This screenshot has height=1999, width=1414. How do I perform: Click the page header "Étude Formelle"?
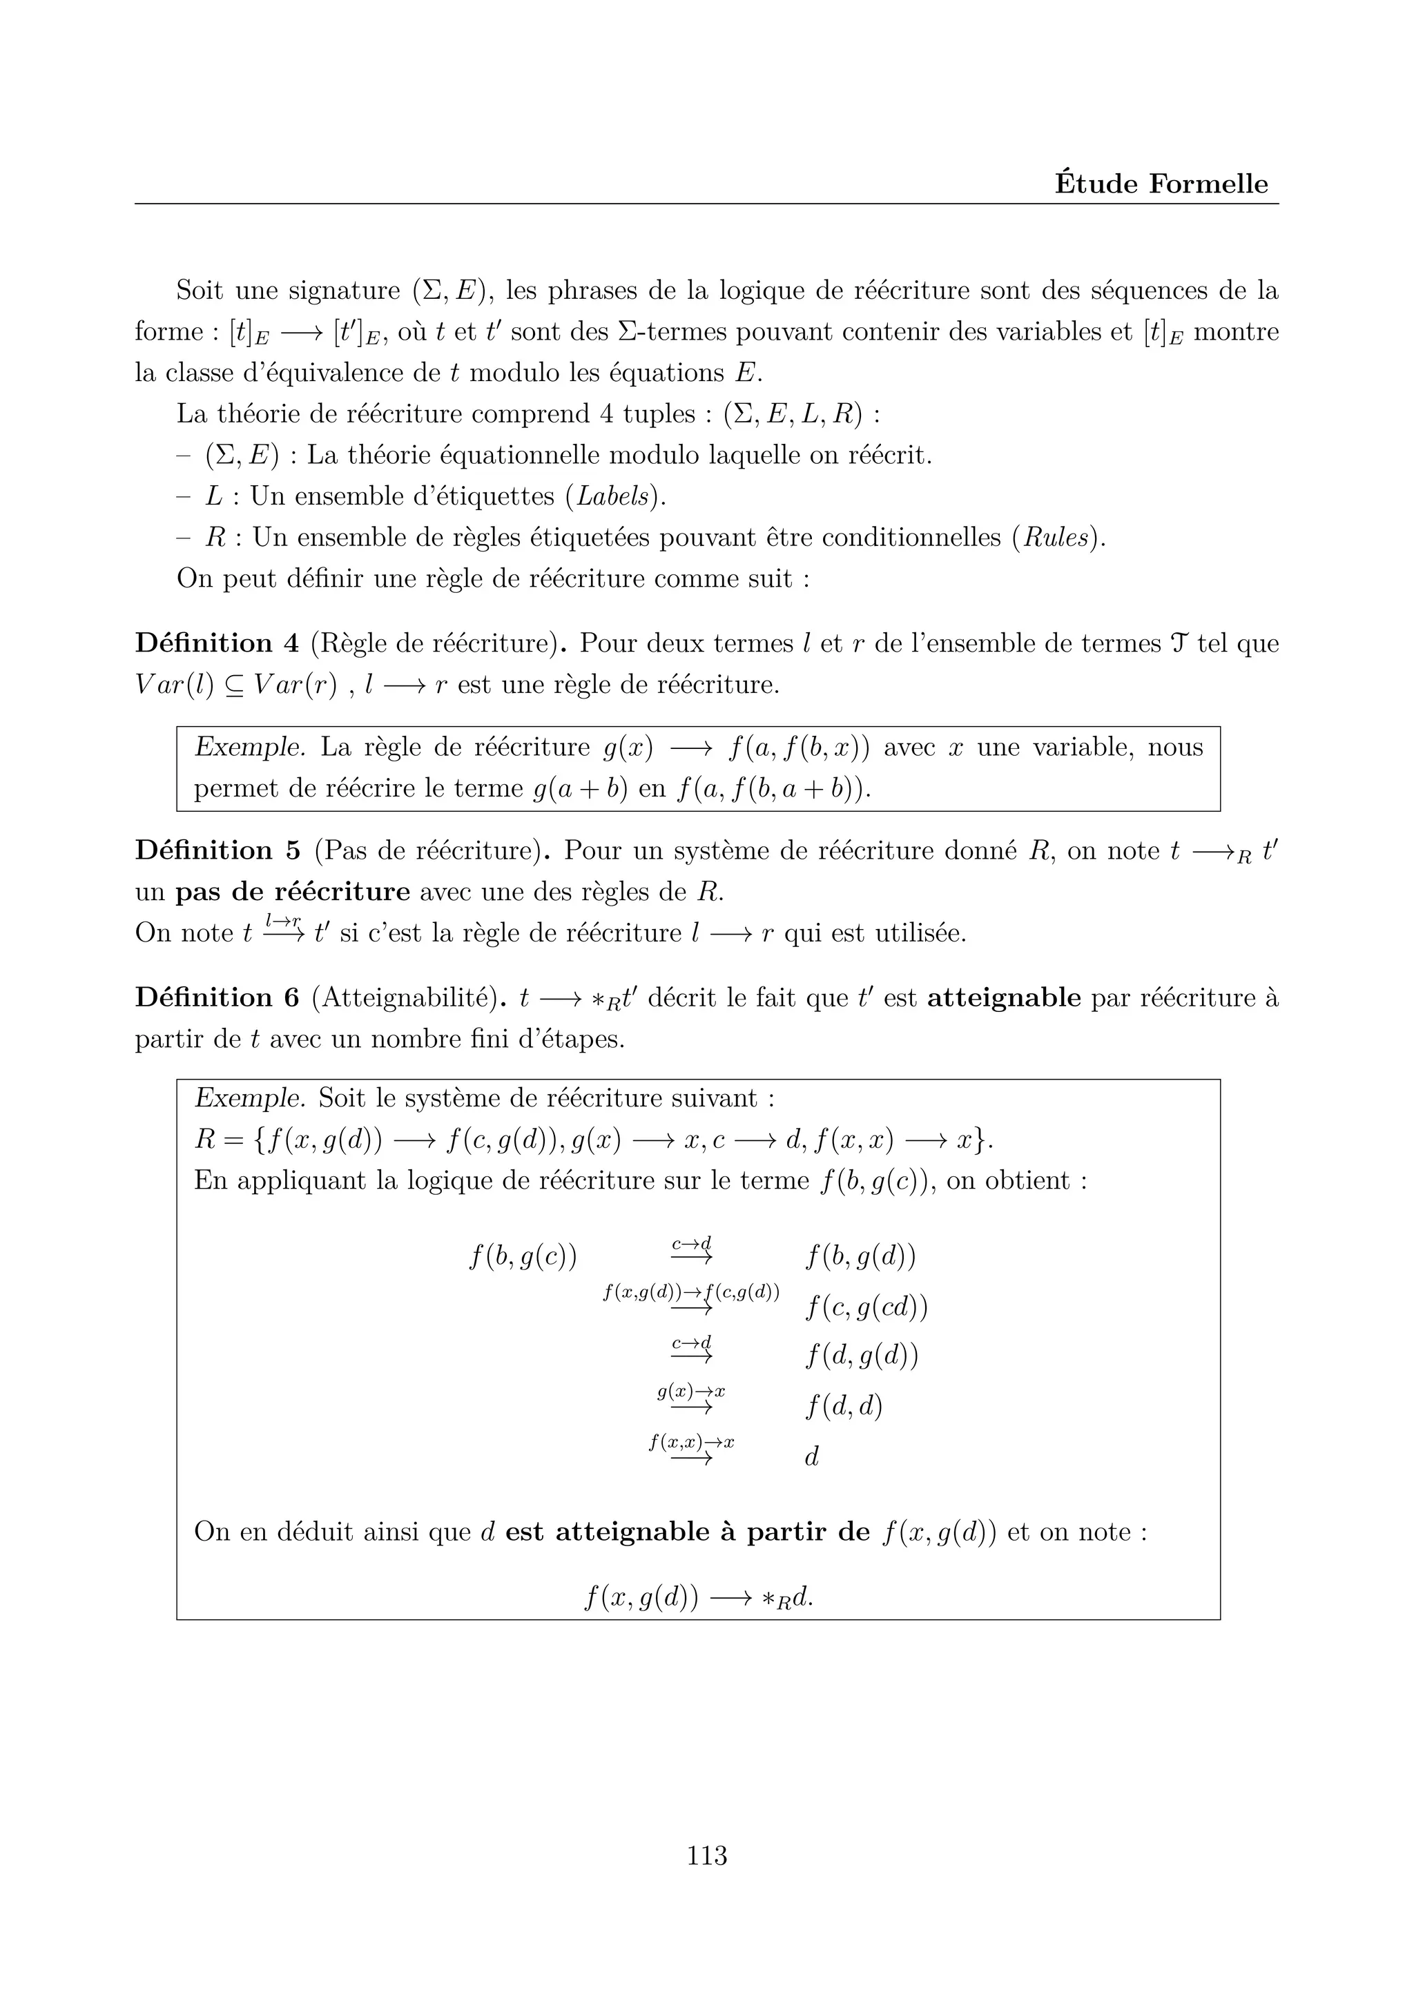coord(1161,184)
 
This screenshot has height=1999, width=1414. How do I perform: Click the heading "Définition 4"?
coord(217,644)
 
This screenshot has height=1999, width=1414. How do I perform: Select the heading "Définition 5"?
coord(217,850)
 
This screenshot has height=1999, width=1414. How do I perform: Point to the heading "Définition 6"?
coord(217,997)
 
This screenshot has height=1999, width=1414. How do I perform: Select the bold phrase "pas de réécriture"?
coord(293,893)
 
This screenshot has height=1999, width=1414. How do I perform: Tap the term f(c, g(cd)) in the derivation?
coord(866,1308)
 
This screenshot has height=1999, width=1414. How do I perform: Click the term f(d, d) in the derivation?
coord(844,1407)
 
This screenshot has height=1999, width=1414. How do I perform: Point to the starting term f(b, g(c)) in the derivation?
coord(523,1257)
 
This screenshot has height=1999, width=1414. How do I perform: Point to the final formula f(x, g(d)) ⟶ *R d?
coord(698,1599)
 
